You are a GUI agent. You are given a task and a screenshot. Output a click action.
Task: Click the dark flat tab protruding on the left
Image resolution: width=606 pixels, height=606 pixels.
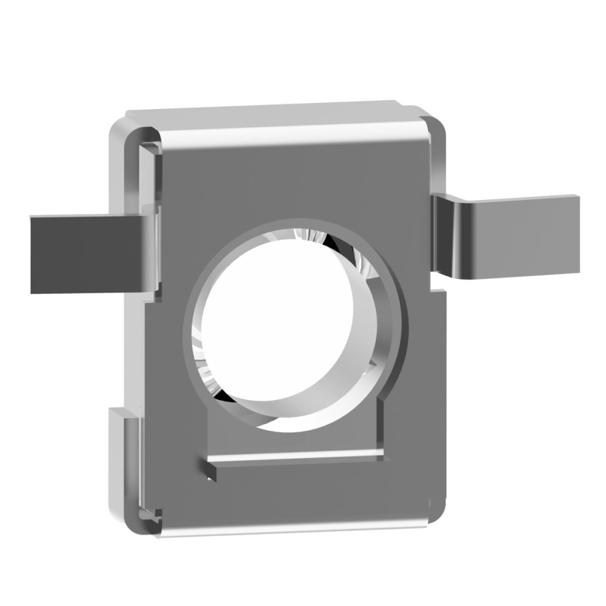tap(85, 255)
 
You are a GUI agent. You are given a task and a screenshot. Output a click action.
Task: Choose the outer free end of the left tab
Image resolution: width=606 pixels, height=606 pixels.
tap(36, 255)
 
